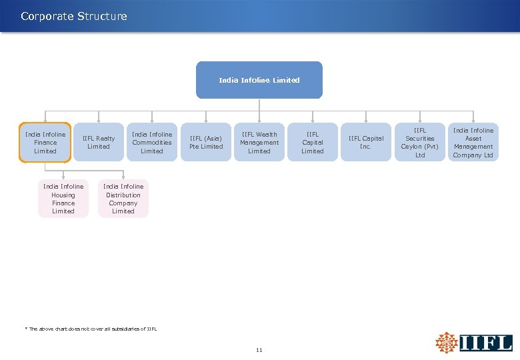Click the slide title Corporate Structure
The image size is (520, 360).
73,16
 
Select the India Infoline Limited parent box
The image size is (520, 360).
259,80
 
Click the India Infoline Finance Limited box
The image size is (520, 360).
45,143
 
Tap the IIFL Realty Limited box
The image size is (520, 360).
99,143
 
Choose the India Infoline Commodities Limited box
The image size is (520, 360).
152,143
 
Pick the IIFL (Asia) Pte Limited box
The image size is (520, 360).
206,143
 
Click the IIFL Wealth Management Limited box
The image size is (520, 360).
259,143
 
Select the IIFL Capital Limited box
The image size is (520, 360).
313,143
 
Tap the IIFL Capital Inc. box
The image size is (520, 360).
365,143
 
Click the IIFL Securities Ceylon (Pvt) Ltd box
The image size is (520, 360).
419,143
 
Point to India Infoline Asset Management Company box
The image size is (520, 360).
473,143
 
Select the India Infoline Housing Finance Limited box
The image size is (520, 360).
63,199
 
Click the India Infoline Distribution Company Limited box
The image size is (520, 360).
123,199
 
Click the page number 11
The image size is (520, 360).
259,350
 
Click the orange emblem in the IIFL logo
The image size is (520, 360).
447,343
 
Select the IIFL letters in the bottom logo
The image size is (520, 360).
486,343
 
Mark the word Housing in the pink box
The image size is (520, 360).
63,195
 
